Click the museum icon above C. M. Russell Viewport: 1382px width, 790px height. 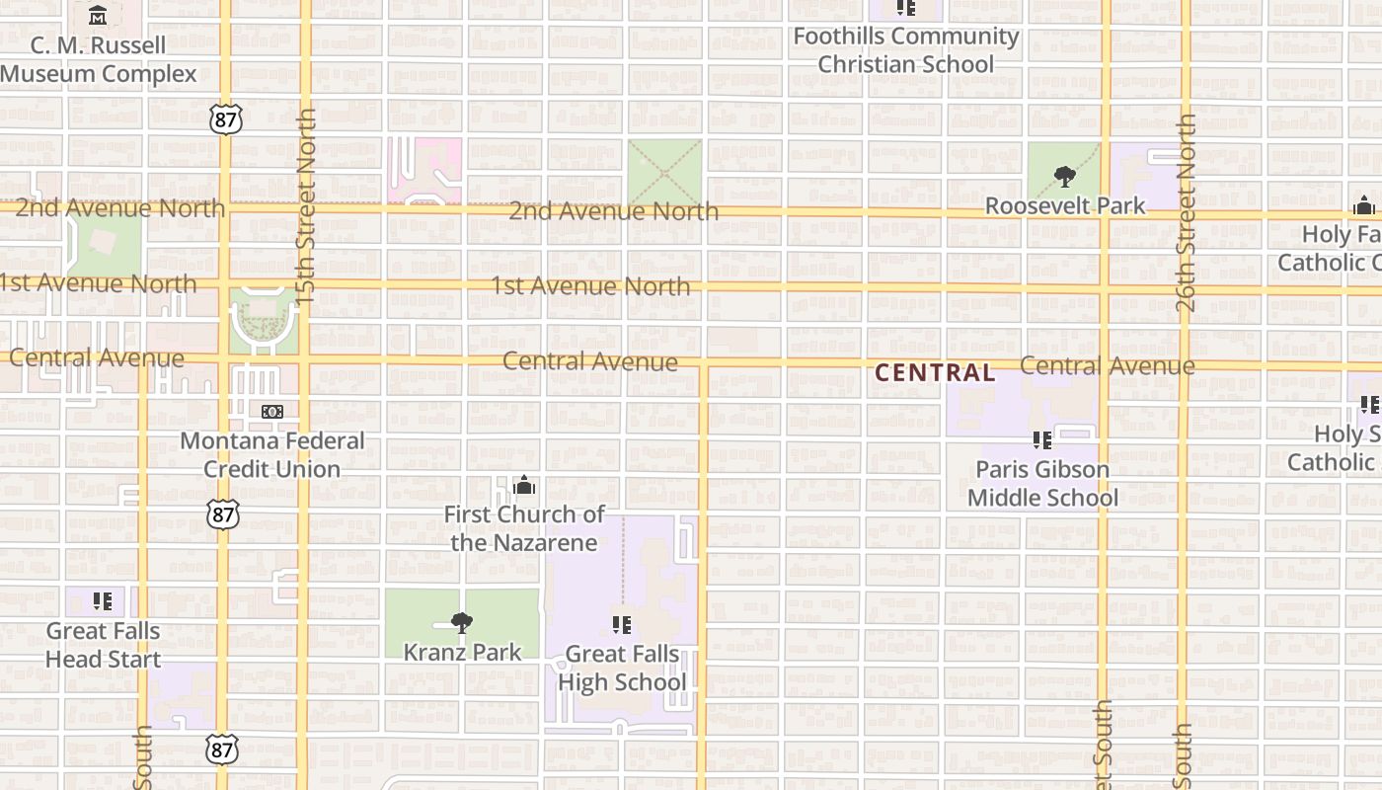[x=98, y=16]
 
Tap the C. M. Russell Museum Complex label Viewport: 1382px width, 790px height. [x=99, y=59]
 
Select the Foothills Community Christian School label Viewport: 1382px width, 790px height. [x=906, y=50]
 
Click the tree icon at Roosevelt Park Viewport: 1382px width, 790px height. [x=1064, y=177]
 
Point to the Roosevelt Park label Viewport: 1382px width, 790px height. [x=1065, y=205]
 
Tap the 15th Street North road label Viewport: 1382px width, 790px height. [x=306, y=205]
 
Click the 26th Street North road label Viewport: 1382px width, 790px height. [x=1186, y=212]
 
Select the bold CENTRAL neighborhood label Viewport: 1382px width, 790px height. [x=935, y=372]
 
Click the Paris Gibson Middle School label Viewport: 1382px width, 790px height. [x=1042, y=483]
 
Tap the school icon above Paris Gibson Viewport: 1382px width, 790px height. [x=1041, y=440]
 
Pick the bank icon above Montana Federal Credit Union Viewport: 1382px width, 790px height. [x=272, y=412]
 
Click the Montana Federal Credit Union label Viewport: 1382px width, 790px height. [x=272, y=454]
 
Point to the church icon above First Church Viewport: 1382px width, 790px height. [x=524, y=485]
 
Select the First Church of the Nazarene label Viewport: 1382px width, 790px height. [x=524, y=528]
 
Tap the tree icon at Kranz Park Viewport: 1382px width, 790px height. [x=461, y=622]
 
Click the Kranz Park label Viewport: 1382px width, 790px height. [x=462, y=652]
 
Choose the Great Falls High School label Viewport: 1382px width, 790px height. [x=622, y=668]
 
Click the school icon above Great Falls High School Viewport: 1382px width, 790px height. [x=621, y=624]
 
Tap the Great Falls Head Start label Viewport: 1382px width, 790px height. [x=103, y=644]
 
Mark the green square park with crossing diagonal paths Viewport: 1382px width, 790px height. [x=665, y=172]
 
